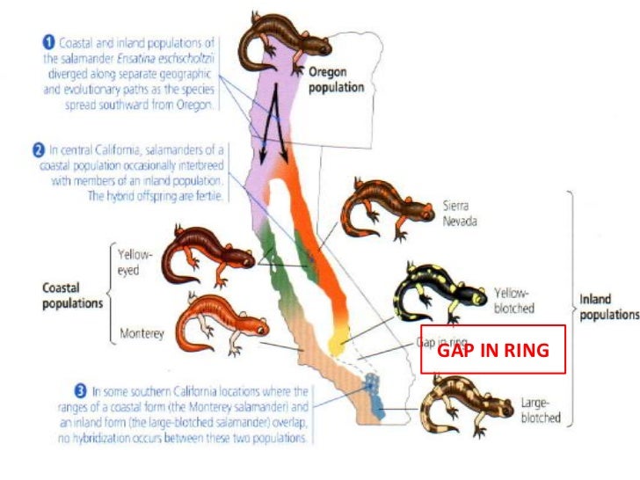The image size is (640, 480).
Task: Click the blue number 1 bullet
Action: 50,41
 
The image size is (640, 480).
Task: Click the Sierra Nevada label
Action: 457,214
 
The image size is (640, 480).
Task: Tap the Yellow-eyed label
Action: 135,263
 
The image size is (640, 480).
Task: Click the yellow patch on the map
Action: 338,338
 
